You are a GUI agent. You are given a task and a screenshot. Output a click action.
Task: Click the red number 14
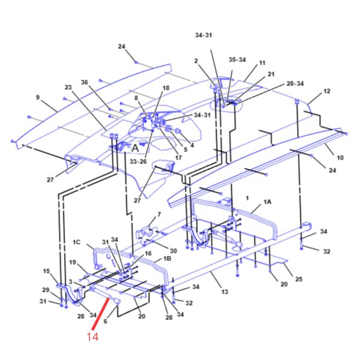coord(92,337)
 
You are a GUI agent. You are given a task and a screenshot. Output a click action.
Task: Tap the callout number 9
coord(38,97)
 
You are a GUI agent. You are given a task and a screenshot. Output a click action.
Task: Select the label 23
coord(68,87)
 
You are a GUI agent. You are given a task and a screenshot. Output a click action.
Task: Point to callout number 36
coord(85,82)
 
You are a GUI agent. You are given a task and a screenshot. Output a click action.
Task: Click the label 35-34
coord(237,59)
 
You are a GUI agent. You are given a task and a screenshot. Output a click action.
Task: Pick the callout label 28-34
coord(295,83)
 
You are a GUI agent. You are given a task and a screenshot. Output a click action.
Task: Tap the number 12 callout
coord(327,91)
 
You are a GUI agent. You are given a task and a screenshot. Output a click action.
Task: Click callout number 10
coord(340,158)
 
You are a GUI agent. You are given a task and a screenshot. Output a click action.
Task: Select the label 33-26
coord(138,161)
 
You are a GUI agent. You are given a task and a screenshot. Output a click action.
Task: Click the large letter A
coord(136,148)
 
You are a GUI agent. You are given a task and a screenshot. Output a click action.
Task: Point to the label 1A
coord(267,202)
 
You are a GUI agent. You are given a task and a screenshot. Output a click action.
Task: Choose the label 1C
coord(76,242)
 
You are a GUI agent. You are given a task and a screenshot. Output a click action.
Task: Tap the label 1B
coord(167,259)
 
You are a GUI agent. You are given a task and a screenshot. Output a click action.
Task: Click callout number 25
coord(299,279)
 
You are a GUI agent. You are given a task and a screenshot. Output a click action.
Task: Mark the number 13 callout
coord(224,292)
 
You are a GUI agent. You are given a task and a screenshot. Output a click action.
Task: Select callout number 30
coord(173,251)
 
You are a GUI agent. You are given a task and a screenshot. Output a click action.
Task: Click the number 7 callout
coord(159,214)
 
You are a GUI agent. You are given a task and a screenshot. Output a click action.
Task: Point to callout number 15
coord(46,271)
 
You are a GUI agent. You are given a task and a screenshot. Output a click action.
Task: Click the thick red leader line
coord(100,314)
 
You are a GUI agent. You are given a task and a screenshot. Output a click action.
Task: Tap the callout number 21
coord(271,74)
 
